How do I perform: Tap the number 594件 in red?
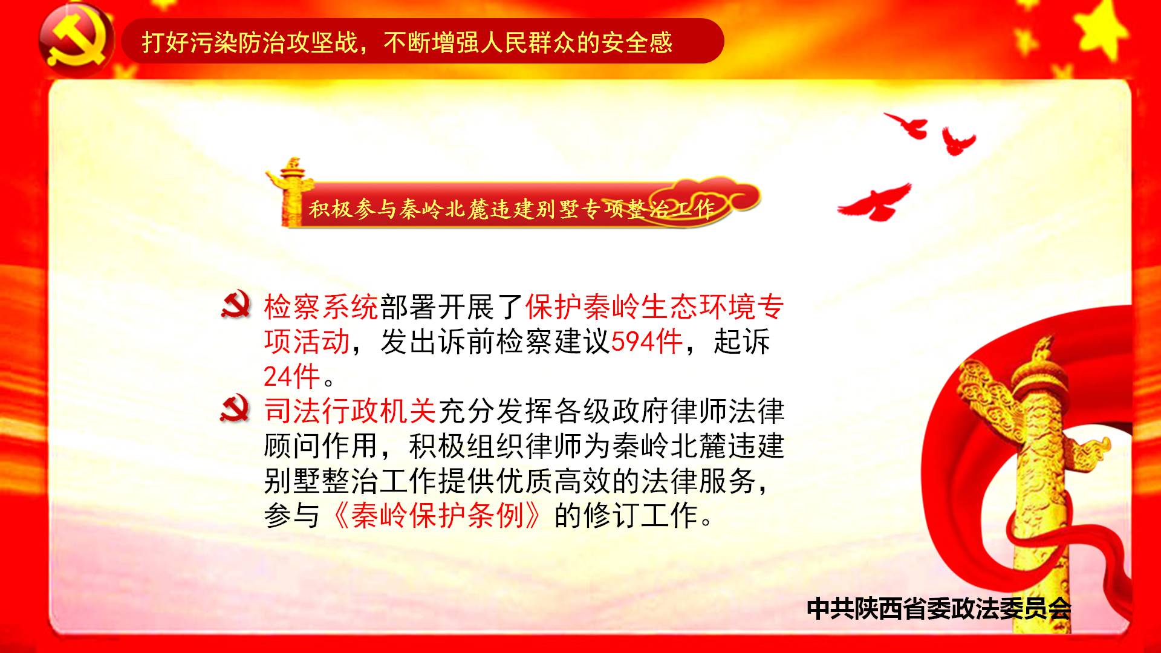(x=646, y=342)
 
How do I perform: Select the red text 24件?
(x=291, y=377)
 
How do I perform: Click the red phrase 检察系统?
(x=321, y=307)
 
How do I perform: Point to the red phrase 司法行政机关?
(x=350, y=412)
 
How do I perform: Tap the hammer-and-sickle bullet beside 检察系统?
(x=235, y=305)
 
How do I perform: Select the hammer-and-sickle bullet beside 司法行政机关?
(x=235, y=409)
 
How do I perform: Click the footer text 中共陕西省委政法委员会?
(x=939, y=608)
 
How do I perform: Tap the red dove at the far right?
(x=958, y=141)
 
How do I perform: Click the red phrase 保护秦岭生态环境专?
(x=655, y=307)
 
